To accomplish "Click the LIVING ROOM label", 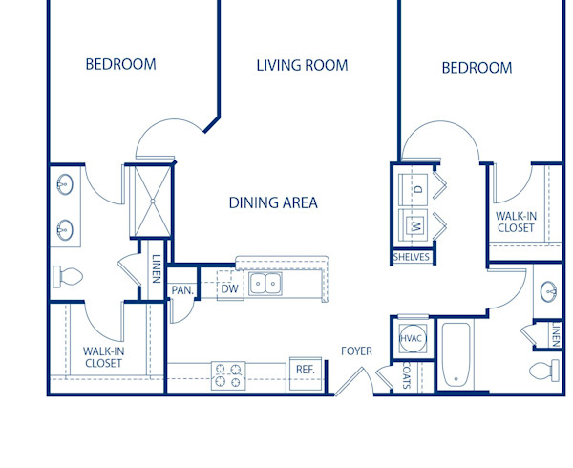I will pos(302,66).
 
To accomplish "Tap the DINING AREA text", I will pos(273,202).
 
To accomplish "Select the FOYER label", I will pos(356,351).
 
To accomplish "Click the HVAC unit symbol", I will pos(412,337).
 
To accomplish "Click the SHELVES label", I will pos(412,257).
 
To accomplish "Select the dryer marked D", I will pos(417,190).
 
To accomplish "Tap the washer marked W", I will pos(415,226).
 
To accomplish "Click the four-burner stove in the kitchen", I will pos(228,374).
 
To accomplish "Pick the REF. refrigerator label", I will pos(305,370).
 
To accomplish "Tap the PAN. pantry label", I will pos(182,290).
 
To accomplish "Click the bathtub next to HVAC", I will pos(456,355).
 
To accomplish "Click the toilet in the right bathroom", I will pos(542,370).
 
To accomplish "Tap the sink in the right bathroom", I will pos(549,291).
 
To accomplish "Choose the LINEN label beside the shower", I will pos(156,265).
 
